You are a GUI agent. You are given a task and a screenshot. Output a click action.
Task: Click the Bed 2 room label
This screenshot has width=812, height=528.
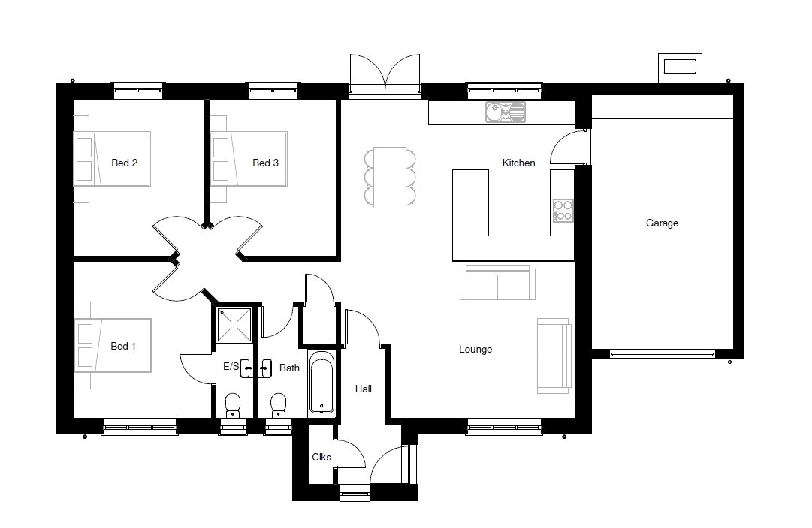coord(124,163)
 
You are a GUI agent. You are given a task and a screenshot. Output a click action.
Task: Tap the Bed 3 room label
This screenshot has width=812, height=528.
coord(265,163)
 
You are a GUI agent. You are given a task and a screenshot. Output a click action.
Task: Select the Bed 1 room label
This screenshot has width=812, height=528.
coord(123,346)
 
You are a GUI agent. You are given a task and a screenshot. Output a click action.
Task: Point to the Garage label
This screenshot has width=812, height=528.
coord(662,223)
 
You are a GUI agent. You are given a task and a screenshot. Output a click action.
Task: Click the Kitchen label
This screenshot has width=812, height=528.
coord(518,163)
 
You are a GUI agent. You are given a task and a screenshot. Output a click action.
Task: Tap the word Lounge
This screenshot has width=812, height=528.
coord(475,349)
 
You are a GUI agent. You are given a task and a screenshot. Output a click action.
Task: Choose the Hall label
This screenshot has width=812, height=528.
coord(363,389)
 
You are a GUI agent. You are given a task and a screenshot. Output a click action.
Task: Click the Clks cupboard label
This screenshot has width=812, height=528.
coord(321,457)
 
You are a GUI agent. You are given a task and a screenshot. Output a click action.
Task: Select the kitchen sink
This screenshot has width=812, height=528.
coord(506,112)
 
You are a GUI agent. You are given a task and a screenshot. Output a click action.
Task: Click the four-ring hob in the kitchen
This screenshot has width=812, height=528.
coord(563,211)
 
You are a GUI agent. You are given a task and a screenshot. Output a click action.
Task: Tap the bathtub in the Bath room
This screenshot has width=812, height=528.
coord(321,382)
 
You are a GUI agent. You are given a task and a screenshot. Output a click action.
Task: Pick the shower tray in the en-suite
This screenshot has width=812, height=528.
coord(234,325)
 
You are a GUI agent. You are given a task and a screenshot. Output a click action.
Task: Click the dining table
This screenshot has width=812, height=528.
coord(390,178)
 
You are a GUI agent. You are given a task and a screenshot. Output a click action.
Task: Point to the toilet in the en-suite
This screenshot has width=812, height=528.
coord(233,406)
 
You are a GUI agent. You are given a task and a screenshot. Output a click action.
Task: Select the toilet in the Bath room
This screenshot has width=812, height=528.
coord(278,406)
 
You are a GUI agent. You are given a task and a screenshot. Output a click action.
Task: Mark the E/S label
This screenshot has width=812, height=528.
coord(231,367)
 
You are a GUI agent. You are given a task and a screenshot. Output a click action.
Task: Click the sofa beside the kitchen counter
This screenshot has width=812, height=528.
coord(498,283)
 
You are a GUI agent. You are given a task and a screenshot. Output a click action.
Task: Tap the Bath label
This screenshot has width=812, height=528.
coord(289,367)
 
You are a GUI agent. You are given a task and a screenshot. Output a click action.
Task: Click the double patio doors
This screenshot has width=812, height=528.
coord(385,75)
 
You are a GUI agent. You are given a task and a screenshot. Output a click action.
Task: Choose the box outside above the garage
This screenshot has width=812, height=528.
coord(680,67)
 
